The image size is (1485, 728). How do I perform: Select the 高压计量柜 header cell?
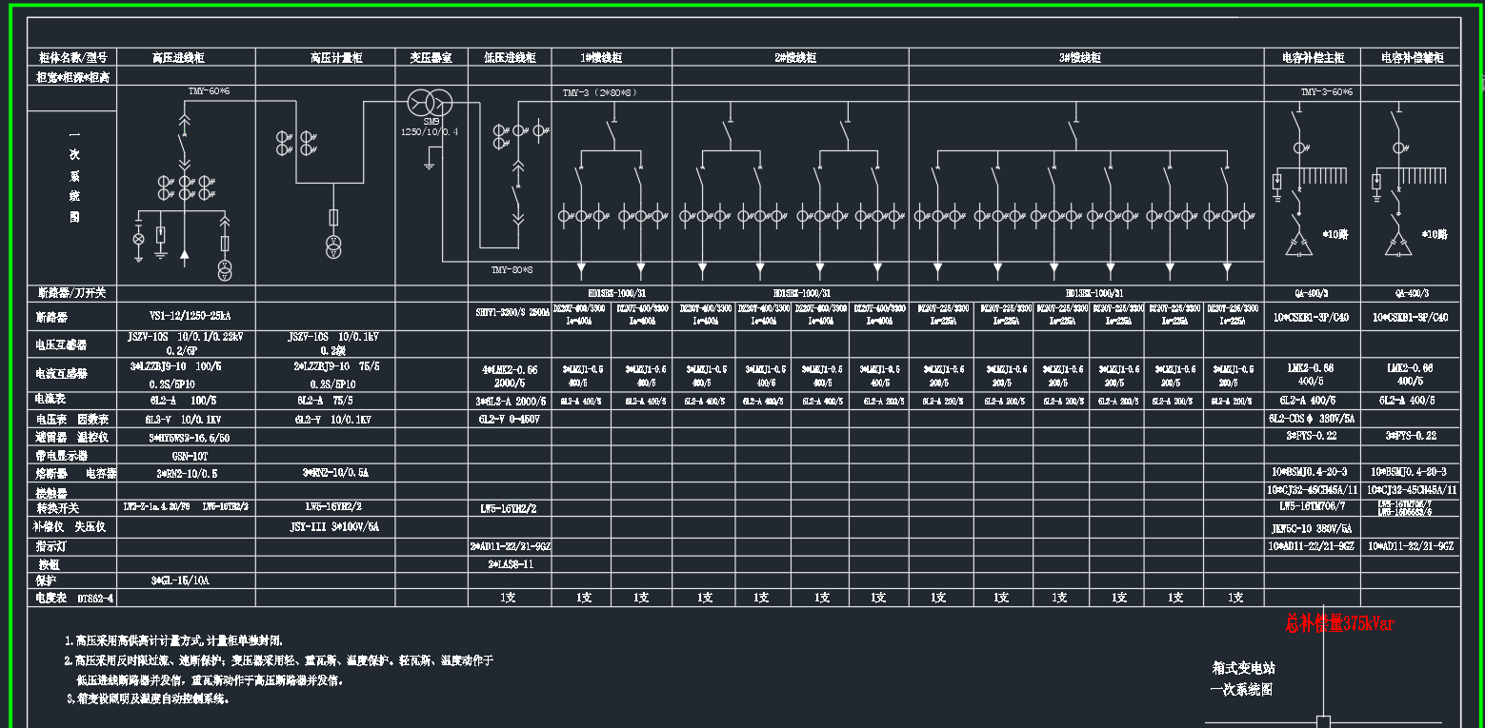tap(336, 58)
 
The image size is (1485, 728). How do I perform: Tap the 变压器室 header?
tap(431, 58)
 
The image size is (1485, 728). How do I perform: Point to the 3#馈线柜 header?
tap(1079, 58)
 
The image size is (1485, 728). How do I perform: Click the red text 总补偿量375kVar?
tap(1338, 623)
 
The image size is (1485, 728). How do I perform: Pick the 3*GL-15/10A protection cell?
tap(180, 580)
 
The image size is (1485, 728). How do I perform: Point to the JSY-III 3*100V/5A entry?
tap(334, 526)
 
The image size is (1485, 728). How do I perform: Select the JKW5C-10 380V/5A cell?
tap(1312, 527)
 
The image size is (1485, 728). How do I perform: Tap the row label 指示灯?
tap(51, 547)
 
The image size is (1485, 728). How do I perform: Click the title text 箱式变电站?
tap(1241, 668)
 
